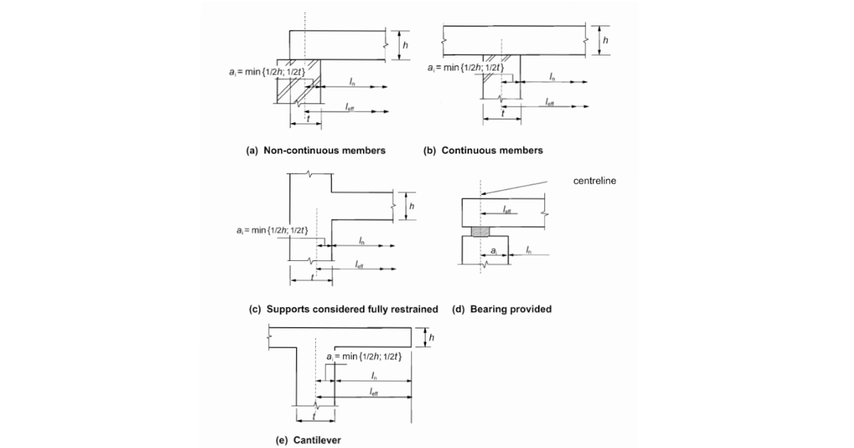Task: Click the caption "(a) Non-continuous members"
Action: click(x=315, y=150)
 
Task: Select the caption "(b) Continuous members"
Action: click(x=483, y=150)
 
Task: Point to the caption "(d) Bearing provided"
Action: click(x=502, y=309)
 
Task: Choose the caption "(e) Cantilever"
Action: click(x=309, y=440)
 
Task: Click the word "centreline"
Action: click(x=595, y=181)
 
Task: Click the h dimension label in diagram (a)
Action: click(x=405, y=45)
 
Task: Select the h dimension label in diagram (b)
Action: click(x=606, y=41)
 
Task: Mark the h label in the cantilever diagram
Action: click(x=431, y=336)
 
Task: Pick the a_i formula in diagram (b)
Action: click(x=466, y=68)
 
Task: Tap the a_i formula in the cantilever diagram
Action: click(x=364, y=356)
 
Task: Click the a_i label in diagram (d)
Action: click(x=495, y=251)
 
